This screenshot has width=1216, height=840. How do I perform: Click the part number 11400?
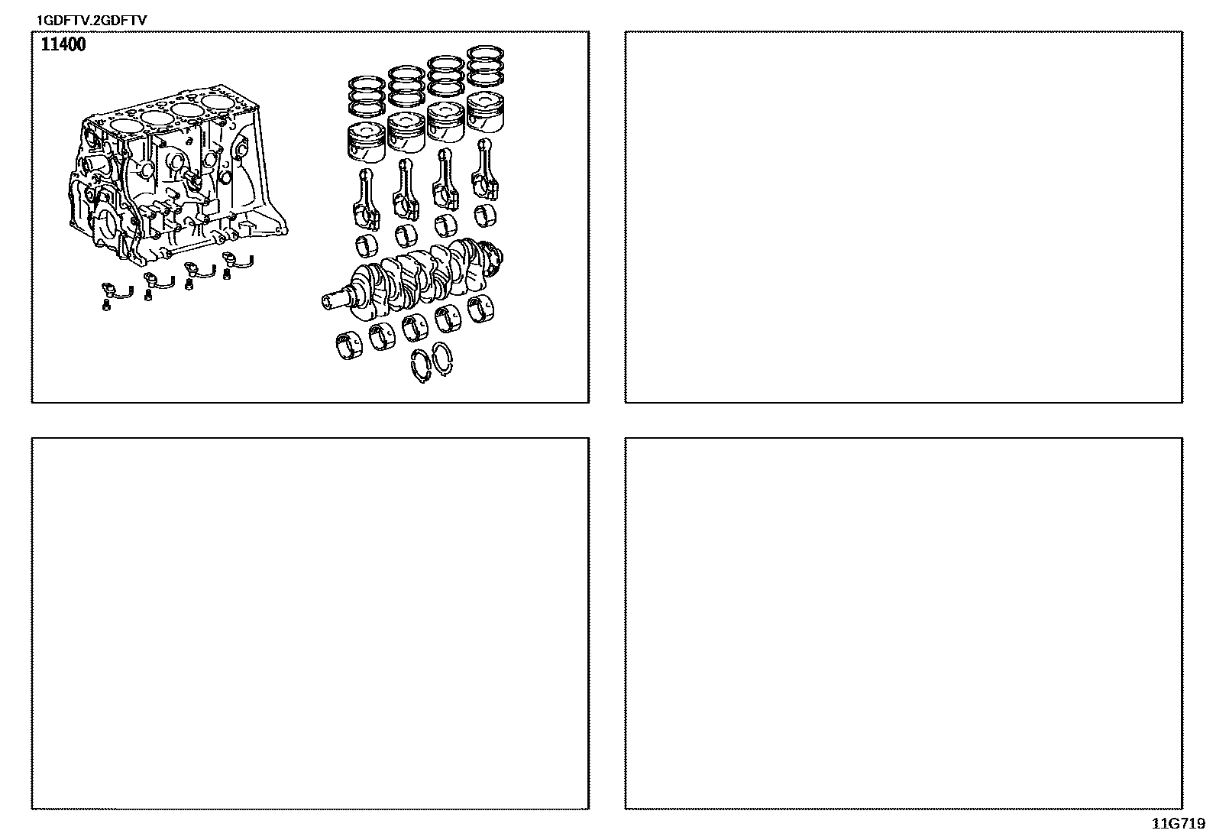63,44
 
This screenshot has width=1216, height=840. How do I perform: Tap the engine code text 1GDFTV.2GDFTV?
91,21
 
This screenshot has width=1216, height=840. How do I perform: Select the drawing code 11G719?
1178,824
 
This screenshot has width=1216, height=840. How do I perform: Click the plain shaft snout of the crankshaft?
335,300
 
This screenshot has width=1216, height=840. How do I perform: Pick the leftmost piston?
366,142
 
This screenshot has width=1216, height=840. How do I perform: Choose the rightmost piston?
485,112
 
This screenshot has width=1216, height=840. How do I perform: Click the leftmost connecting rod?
366,200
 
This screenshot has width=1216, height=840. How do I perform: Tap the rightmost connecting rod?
485,170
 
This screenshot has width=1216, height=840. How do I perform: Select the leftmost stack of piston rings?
367,97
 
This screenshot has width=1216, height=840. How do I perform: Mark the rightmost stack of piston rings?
485,66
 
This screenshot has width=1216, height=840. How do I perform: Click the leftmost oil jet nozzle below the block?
118,290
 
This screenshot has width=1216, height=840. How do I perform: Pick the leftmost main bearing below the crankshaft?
349,345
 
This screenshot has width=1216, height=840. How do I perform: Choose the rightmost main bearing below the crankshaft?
480,309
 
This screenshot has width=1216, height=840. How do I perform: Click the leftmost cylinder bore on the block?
125,126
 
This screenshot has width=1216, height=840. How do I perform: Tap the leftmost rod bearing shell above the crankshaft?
367,245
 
